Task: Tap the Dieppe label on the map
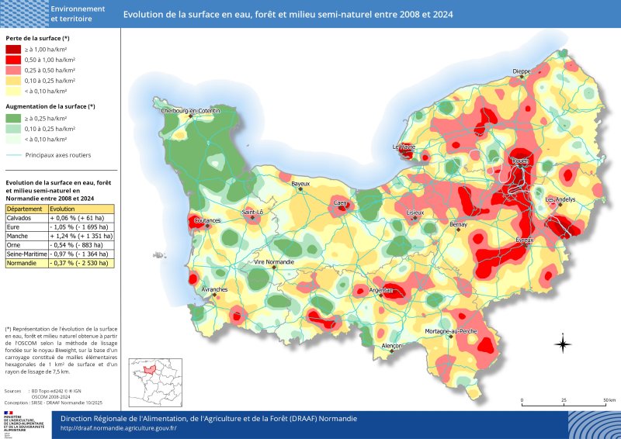click(x=522, y=71)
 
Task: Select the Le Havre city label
click(x=404, y=146)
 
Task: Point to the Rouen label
click(x=519, y=161)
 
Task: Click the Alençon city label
click(x=392, y=345)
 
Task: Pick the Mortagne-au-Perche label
click(x=451, y=331)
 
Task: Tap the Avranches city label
click(x=214, y=289)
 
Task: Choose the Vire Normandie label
click(x=274, y=262)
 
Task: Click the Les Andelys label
click(x=560, y=199)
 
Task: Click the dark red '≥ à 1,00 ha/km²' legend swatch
click(x=14, y=49)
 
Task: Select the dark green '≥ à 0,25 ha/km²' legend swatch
click(x=14, y=118)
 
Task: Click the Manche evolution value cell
click(x=81, y=236)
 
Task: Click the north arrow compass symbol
click(x=564, y=344)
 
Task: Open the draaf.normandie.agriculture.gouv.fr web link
click(x=119, y=427)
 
